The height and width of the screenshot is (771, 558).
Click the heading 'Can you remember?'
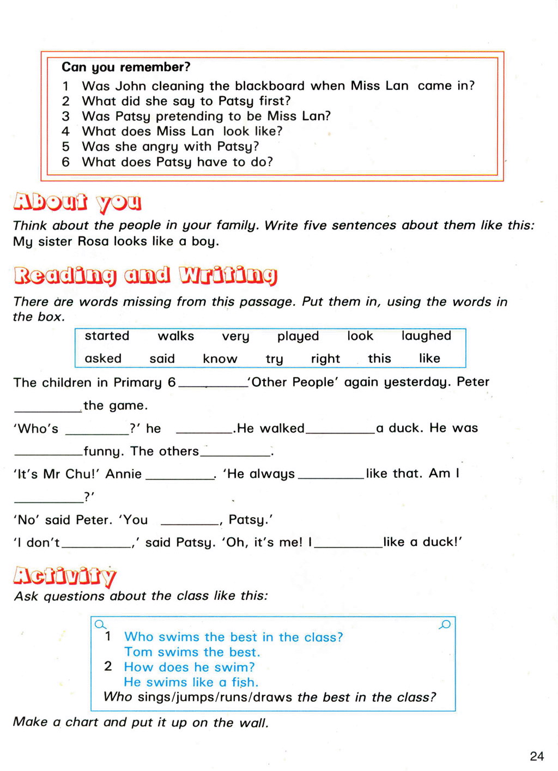126,67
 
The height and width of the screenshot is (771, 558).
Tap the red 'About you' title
77,202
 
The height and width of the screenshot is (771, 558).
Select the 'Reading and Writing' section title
145,276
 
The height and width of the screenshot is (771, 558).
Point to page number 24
537,756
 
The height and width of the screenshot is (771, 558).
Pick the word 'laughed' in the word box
426,336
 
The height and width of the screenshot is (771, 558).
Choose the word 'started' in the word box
107,336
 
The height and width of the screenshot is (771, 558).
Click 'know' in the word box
220,359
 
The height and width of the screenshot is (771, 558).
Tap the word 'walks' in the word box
176,336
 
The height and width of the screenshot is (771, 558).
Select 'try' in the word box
274,359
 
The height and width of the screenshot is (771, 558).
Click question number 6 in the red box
66,162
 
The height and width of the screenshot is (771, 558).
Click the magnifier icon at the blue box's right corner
445,624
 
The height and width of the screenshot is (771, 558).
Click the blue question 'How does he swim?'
189,667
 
